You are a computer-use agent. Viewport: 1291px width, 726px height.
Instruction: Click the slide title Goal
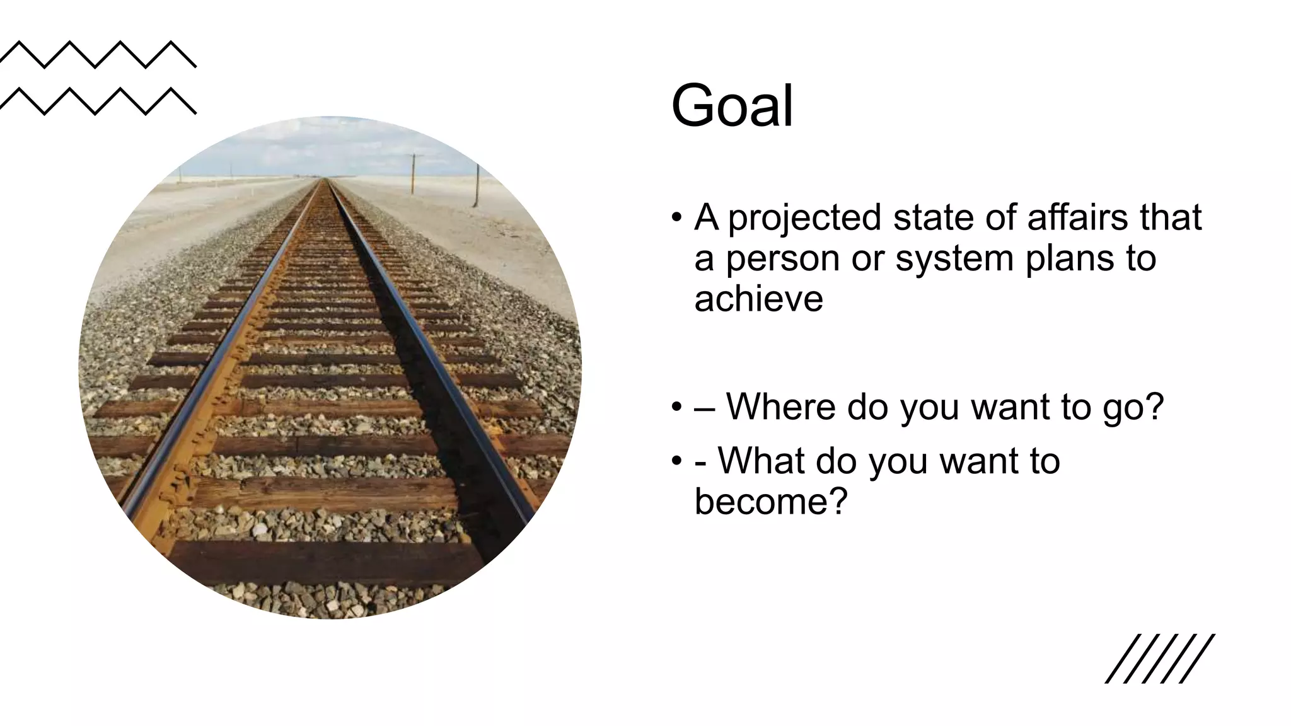pos(732,105)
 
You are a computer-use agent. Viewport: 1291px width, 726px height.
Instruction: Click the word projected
pos(804,219)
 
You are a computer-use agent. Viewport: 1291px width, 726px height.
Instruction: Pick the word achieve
pos(758,299)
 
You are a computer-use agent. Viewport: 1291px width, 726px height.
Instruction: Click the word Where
pos(781,406)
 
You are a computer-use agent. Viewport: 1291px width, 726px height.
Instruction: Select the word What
pos(761,461)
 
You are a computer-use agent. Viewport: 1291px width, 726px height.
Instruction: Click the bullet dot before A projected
pos(677,218)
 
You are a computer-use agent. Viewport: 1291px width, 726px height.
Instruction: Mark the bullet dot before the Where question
pos(677,407)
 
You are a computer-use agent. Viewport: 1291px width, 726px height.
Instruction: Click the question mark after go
pos(1153,406)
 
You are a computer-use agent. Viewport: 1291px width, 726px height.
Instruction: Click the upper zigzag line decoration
pos(98,54)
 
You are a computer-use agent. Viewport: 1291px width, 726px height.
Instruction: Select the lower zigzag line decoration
pos(98,101)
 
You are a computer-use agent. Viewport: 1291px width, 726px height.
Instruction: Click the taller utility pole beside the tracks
pos(477,186)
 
